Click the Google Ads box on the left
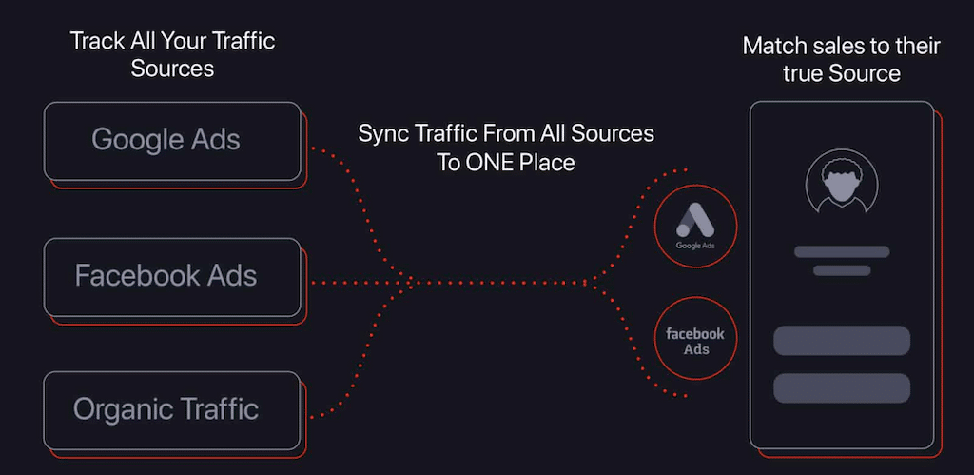tap(172, 141)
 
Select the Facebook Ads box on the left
tap(172, 277)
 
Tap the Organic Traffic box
tap(172, 410)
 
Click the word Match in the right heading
tap(770, 46)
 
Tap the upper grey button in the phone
tap(842, 341)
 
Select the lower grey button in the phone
tap(842, 387)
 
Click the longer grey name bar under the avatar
tap(842, 252)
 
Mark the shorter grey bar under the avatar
tap(842, 270)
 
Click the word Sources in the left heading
tap(172, 69)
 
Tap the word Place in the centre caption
tap(547, 163)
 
